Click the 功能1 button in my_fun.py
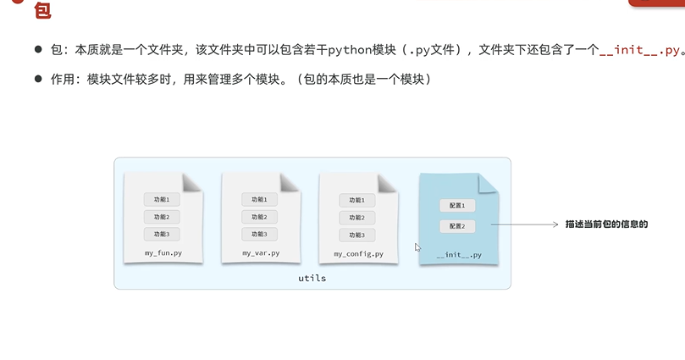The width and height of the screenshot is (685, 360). click(162, 200)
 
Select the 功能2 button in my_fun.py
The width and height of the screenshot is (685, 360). click(162, 217)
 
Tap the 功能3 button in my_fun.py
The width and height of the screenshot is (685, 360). click(162, 234)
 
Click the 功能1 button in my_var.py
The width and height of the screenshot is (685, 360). click(259, 200)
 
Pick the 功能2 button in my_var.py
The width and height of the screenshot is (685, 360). click(259, 217)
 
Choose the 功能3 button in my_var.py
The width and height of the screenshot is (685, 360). click(259, 234)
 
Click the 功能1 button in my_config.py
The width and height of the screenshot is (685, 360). click(357, 201)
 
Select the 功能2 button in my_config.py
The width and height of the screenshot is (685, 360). click(357, 218)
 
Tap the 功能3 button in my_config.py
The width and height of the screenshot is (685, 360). click(357, 235)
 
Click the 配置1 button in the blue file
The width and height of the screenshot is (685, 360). click(458, 205)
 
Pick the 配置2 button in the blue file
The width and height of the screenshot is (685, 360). click(458, 226)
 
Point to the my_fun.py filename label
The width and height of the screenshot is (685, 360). click(163, 253)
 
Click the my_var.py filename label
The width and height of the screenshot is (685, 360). click(260, 253)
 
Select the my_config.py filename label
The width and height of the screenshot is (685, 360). click(358, 254)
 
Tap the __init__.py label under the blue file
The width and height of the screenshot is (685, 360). click(459, 255)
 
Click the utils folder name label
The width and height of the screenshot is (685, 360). click(312, 278)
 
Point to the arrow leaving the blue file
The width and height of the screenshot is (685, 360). click(524, 225)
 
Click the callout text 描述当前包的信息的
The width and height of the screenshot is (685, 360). click(606, 224)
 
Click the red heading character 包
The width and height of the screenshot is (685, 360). click(42, 11)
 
